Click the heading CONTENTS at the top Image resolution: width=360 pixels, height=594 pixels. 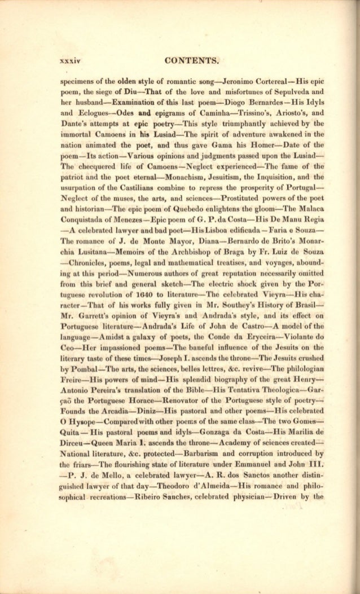(x=191, y=61)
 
